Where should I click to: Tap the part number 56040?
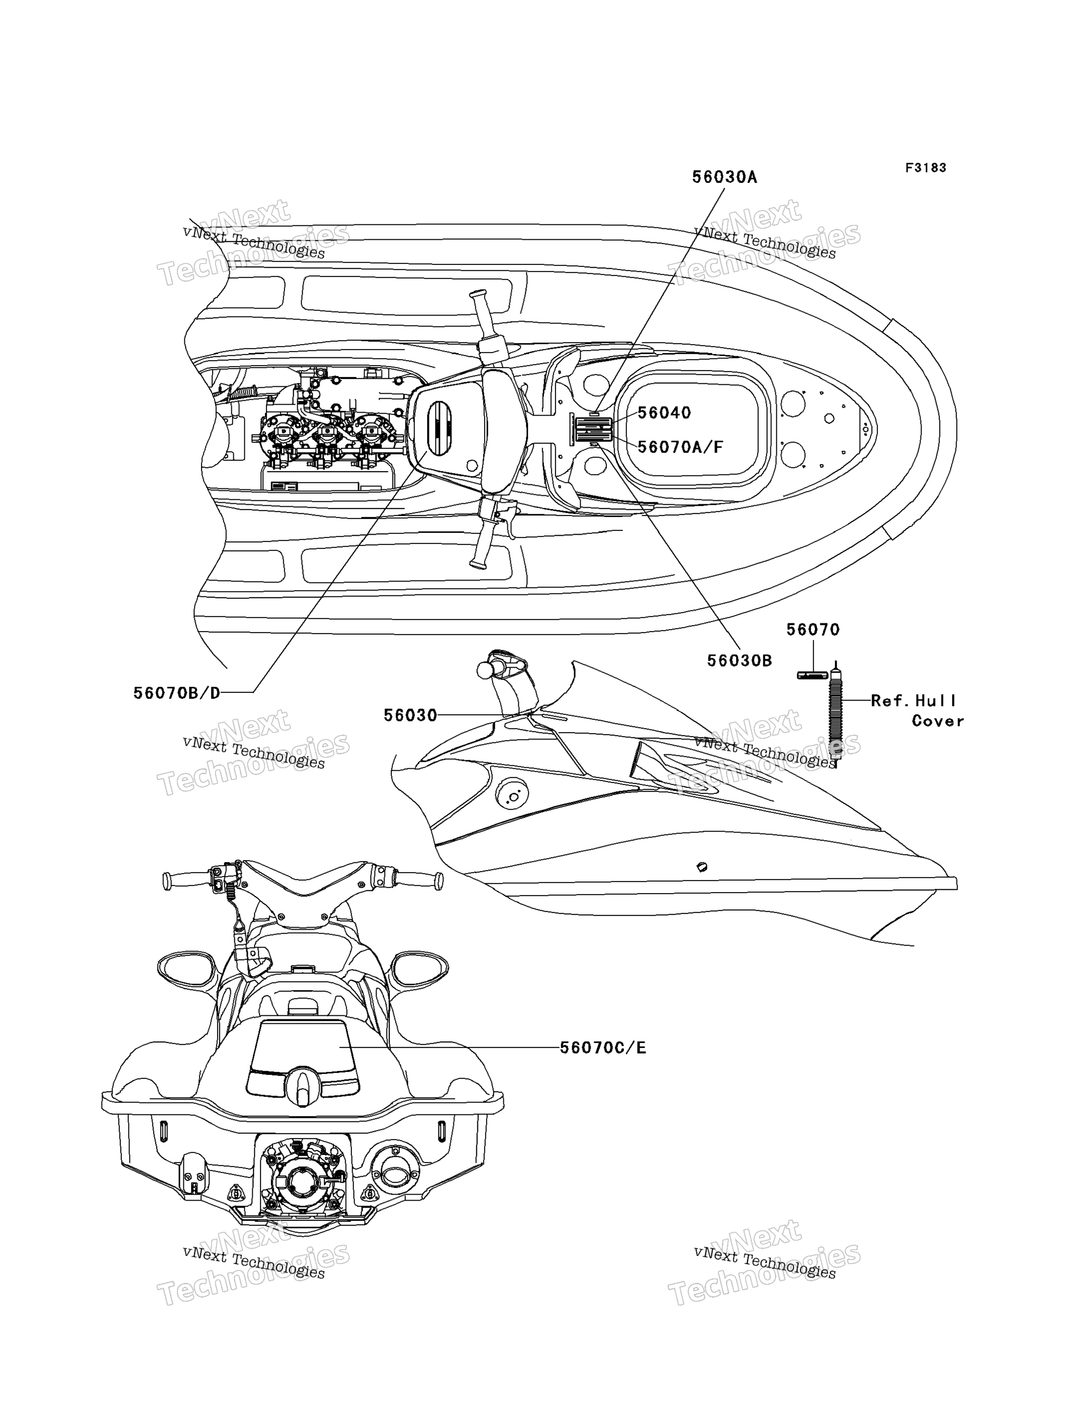[664, 413]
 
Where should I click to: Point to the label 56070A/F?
[680, 447]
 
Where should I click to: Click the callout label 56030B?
[740, 660]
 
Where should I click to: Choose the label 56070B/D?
[177, 693]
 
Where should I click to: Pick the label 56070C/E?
[603, 1048]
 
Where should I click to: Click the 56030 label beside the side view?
[410, 715]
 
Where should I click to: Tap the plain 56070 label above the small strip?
[813, 629]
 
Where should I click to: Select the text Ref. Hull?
[913, 700]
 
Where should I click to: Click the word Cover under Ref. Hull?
[938, 721]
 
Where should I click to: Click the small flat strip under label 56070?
[812, 676]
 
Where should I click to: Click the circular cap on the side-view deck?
[512, 795]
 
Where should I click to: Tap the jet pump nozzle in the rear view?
[301, 1182]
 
